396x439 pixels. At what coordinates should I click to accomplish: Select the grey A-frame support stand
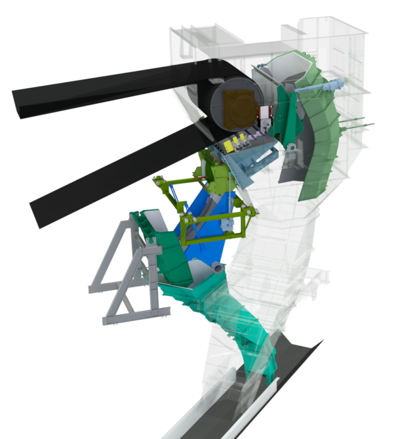(x=126, y=279)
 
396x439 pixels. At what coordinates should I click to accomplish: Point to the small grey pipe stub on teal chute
(x=217, y=268)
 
